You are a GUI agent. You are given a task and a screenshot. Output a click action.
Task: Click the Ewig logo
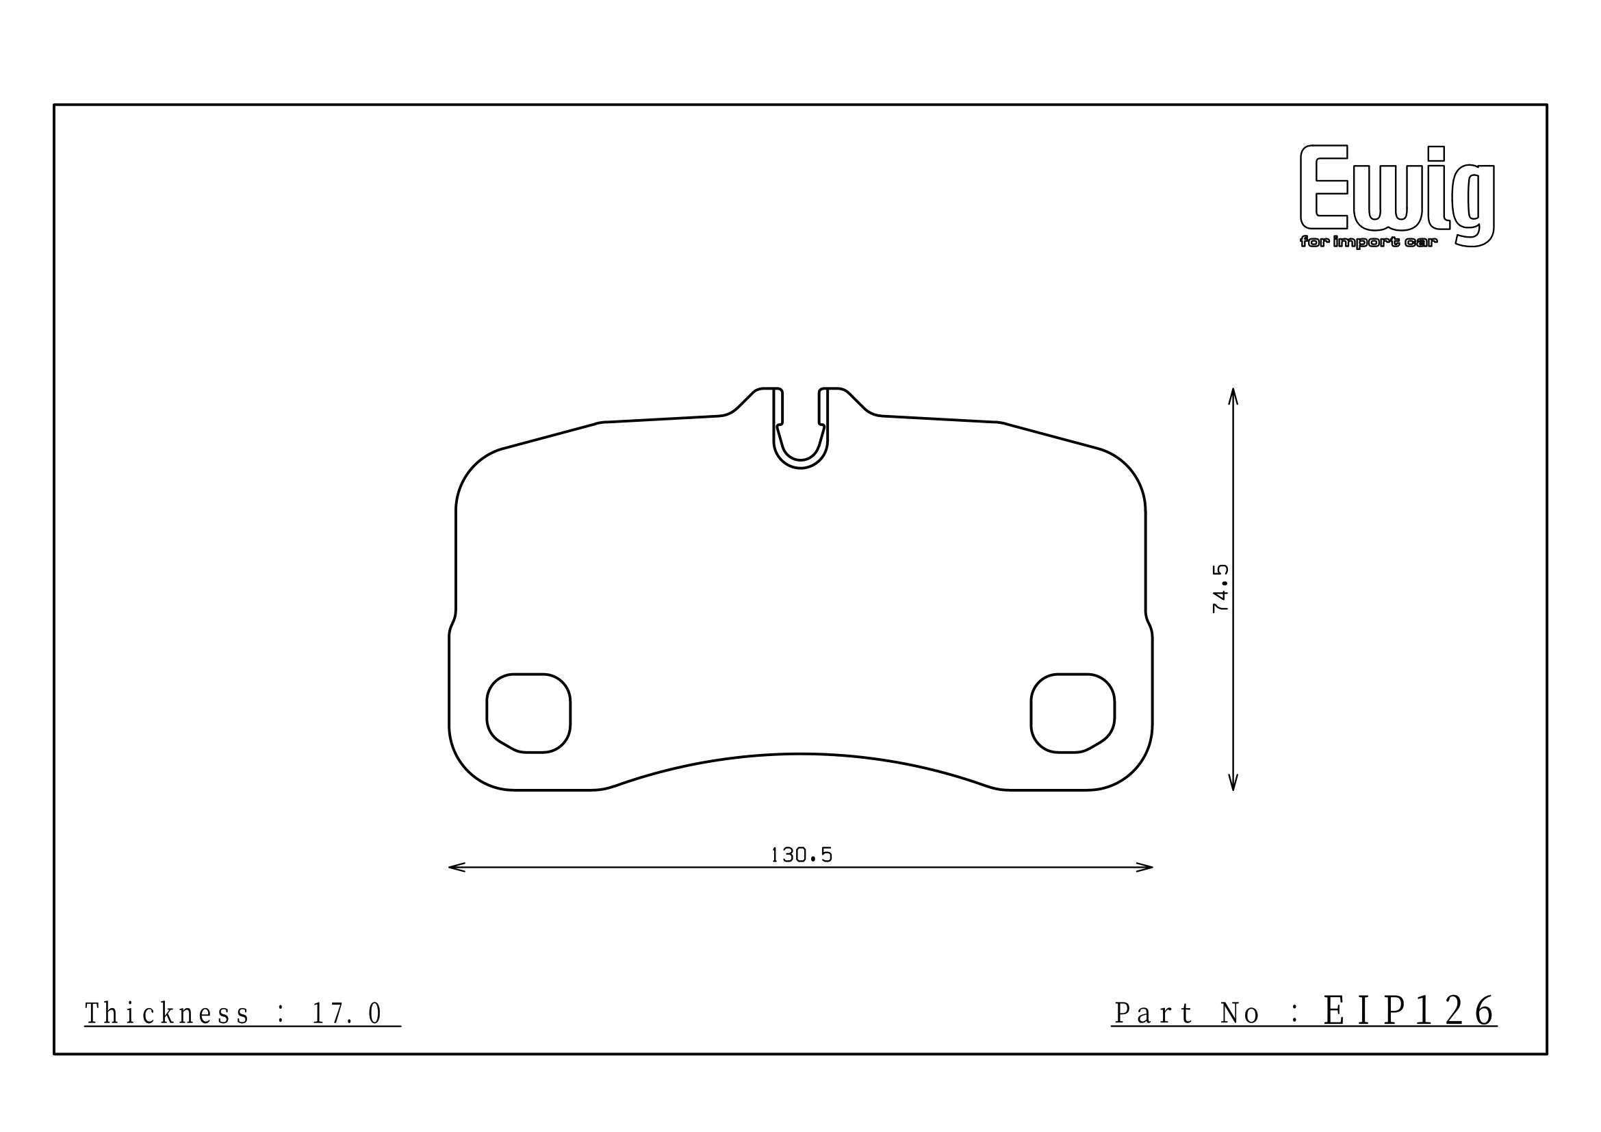[x=1398, y=195]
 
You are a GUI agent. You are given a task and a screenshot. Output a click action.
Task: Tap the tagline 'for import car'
[x=1368, y=242]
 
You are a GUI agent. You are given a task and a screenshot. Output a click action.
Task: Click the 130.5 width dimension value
[x=802, y=855]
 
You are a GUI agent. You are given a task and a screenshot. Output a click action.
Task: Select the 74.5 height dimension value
[x=1221, y=589]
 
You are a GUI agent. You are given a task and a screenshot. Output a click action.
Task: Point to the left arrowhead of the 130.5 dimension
[x=457, y=868]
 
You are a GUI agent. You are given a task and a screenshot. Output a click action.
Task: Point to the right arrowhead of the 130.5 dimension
[x=1144, y=868]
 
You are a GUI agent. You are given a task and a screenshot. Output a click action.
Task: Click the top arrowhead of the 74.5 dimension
[x=1233, y=396]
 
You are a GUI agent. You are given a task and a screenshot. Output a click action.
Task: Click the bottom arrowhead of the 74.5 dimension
[x=1233, y=782]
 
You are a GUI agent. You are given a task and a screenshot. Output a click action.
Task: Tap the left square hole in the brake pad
[x=528, y=713]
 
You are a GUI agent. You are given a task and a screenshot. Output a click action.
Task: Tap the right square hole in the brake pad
[x=1073, y=713]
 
